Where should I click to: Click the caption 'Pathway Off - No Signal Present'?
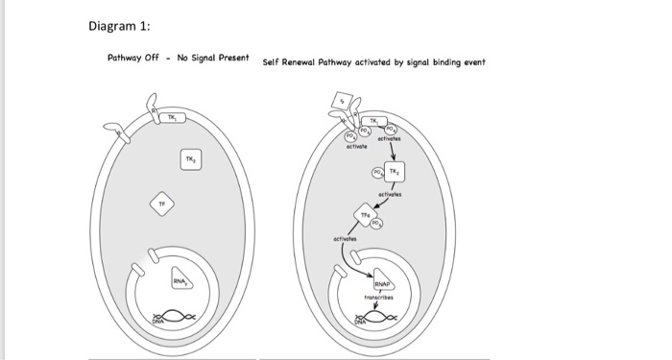click(x=178, y=59)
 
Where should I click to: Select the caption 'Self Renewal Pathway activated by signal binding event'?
click(x=373, y=62)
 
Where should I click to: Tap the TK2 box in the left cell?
click(x=190, y=158)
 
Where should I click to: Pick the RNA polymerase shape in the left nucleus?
click(x=181, y=279)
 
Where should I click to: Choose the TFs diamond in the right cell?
click(x=365, y=214)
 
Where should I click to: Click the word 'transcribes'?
click(x=381, y=299)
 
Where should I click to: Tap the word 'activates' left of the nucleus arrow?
click(x=345, y=236)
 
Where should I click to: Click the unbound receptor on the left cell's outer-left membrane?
click(x=120, y=132)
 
